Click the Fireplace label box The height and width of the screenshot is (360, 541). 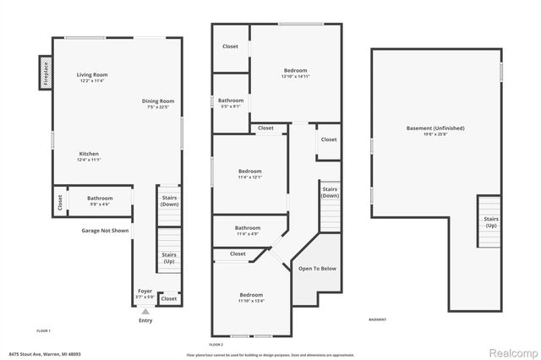(43, 74)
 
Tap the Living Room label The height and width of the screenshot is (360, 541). (92, 75)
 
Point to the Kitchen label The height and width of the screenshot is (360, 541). (90, 154)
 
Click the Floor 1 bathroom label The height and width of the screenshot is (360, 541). (100, 199)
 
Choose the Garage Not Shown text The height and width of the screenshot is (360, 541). (105, 231)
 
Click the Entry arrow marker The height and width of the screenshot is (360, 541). (145, 311)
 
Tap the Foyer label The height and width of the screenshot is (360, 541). (145, 291)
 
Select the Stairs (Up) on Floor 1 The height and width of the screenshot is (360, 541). (169, 257)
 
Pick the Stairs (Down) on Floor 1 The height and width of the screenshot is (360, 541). (169, 200)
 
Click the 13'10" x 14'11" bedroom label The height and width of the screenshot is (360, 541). (295, 70)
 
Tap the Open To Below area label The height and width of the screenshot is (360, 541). (317, 269)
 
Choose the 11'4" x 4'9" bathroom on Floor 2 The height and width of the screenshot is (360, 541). (247, 230)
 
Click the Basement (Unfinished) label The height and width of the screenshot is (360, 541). (434, 128)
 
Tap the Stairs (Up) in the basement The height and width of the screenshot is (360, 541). (490, 221)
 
